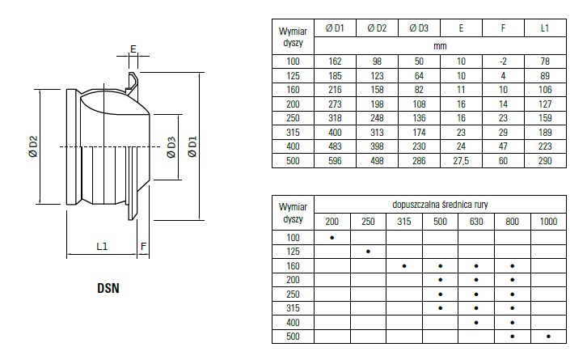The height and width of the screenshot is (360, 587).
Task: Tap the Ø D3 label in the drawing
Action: tap(171, 147)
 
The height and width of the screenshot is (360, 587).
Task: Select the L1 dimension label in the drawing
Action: tap(103, 244)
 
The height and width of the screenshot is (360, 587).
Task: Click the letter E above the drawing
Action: tap(133, 49)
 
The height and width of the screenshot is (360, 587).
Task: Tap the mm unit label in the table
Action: tap(440, 46)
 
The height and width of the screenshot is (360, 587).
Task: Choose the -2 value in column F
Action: tap(503, 62)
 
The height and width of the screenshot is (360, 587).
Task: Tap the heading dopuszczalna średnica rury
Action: tap(440, 204)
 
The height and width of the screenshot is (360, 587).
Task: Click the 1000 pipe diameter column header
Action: tap(549, 221)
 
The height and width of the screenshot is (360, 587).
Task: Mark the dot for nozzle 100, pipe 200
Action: tap(332, 237)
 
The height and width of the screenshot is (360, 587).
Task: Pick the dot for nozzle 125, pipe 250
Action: tap(368, 251)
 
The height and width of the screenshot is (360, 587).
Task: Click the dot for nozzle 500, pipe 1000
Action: tap(549, 336)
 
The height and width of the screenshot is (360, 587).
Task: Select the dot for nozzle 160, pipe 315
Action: tap(404, 265)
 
